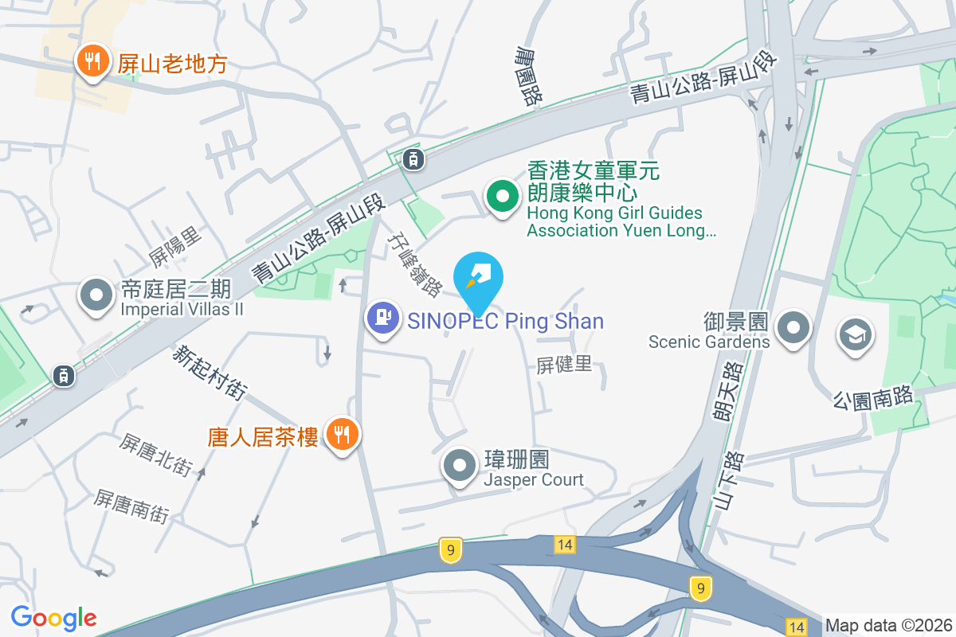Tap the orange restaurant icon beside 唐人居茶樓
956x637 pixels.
tap(343, 434)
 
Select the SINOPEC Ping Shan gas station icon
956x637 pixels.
tap(382, 318)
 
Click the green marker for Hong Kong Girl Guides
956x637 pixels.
tap(501, 196)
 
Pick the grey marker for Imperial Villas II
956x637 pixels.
tap(96, 295)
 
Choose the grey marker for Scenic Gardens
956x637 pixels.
tap(793, 328)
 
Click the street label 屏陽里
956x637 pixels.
tap(175, 247)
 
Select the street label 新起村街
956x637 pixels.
tap(210, 372)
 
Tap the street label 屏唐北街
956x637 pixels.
tap(156, 455)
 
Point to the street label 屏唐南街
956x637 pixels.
tap(131, 506)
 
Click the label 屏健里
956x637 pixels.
tap(564, 365)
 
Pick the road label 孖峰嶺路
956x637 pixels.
tap(414, 264)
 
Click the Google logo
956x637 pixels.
tap(53, 617)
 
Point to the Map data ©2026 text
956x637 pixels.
tap(888, 625)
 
